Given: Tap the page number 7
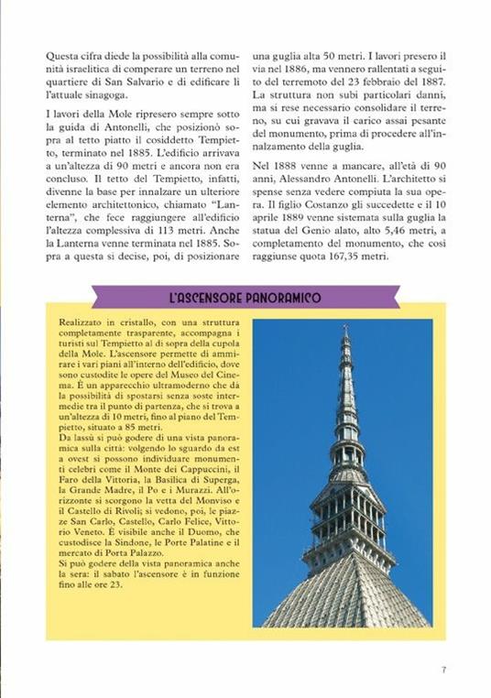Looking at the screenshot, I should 443,670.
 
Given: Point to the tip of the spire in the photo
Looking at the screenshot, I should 345,327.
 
